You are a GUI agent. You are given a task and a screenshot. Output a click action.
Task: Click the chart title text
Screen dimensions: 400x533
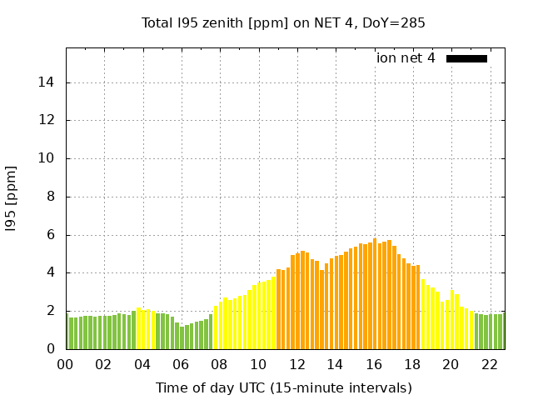tap(283, 23)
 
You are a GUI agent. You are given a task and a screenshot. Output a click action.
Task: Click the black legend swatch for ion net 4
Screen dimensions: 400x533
tap(466, 58)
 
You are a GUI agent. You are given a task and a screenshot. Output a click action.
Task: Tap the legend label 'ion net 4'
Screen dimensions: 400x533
tap(406, 58)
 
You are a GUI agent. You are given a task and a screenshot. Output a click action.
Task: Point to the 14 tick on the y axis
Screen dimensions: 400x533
tap(47, 82)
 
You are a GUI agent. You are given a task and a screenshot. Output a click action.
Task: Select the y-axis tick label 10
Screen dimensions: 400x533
tap(47, 158)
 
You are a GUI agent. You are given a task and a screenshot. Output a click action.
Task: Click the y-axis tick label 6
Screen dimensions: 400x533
tap(50, 235)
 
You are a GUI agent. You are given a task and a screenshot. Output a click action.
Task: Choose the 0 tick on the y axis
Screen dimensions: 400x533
tap(50, 349)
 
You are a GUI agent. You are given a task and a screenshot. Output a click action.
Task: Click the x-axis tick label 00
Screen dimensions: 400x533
tap(65, 364)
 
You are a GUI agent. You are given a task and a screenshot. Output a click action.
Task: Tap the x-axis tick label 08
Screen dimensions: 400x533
tap(219, 364)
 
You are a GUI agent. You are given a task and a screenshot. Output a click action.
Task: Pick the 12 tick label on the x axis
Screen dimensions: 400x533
tap(296, 364)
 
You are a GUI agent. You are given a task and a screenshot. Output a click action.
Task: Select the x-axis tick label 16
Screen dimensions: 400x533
tap(373, 364)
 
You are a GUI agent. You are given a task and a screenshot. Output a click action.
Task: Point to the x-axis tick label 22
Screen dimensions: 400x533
tap(489, 364)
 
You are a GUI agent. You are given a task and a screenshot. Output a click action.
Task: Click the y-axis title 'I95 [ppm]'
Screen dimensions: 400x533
tap(11, 198)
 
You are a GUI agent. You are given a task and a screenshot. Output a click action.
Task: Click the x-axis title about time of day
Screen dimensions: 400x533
tap(283, 387)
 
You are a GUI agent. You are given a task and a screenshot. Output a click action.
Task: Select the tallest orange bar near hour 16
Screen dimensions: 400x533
tap(375, 294)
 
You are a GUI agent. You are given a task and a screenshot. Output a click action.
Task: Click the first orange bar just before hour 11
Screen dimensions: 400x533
tap(279, 309)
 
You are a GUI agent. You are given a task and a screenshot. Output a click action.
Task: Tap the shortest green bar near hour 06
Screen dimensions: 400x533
tap(182, 337)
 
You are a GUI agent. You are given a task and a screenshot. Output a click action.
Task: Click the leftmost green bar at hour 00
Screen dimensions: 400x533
tap(67, 332)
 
